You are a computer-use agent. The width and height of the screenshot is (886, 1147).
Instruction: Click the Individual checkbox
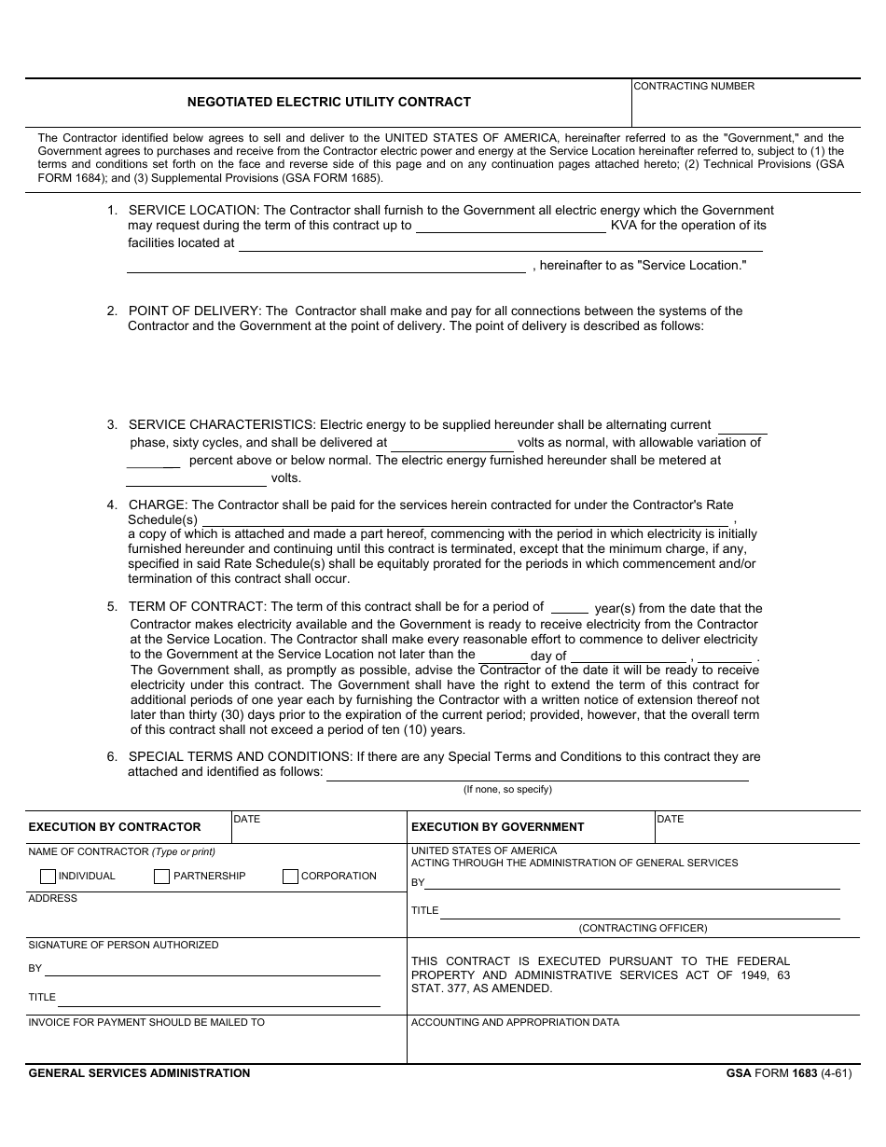pyautogui.click(x=48, y=877)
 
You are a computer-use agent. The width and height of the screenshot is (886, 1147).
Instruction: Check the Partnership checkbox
pyautogui.click(x=162, y=877)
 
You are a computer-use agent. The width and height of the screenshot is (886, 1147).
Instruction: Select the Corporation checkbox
pyautogui.click(x=290, y=877)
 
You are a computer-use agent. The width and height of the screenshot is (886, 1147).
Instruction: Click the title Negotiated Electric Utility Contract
pyautogui.click(x=329, y=102)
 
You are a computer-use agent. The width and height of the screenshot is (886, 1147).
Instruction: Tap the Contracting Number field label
pyautogui.click(x=694, y=86)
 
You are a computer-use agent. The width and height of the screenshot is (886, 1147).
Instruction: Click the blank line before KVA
pyautogui.click(x=510, y=227)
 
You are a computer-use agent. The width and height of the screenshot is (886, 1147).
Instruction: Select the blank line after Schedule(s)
pyautogui.click(x=466, y=520)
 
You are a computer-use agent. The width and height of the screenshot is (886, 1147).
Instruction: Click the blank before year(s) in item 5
pyautogui.click(x=570, y=608)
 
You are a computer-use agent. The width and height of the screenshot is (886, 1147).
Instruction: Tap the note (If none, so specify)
pyautogui.click(x=507, y=789)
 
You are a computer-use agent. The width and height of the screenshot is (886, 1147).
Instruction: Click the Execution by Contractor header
pyautogui.click(x=115, y=826)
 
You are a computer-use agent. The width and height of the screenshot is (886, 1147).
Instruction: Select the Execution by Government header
pyautogui.click(x=498, y=826)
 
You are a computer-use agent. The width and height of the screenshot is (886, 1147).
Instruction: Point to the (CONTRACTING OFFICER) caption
pyautogui.click(x=643, y=928)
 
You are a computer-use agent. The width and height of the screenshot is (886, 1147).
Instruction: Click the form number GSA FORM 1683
pyautogui.click(x=789, y=1073)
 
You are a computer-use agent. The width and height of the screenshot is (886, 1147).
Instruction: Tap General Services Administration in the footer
pyautogui.click(x=139, y=1073)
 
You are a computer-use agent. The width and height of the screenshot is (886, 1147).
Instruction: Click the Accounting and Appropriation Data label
pyautogui.click(x=515, y=1022)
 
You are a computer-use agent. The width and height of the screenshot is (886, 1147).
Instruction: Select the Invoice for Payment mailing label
pyautogui.click(x=146, y=1022)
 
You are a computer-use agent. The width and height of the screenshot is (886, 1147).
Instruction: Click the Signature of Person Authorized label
pyautogui.click(x=123, y=945)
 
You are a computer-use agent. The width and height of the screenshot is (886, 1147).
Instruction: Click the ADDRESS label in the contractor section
pyautogui.click(x=53, y=898)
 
